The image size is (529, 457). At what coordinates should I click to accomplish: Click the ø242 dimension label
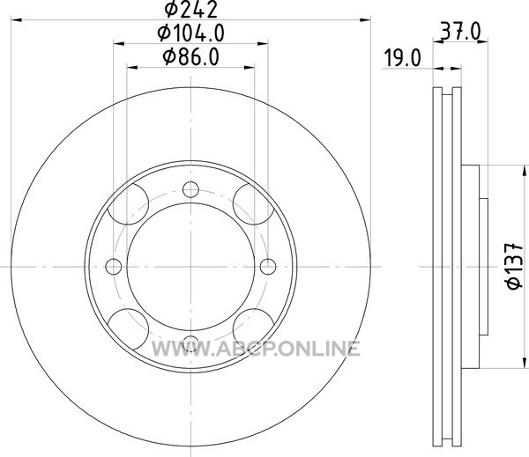pos(191,10)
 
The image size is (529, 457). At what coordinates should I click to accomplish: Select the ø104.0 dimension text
pos(191,33)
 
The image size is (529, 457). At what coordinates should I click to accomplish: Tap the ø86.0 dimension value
pos(191,57)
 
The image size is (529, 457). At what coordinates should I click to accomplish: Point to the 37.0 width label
pos(460,33)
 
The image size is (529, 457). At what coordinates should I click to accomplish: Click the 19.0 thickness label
pos(403,57)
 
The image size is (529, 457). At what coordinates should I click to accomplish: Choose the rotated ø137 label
pos(515,266)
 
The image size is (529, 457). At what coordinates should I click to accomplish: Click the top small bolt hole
pos(191,189)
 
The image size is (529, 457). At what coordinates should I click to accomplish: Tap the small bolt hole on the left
pos(114,267)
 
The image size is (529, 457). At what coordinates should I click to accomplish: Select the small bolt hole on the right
pos(268,267)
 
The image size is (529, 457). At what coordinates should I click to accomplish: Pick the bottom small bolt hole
pos(191,343)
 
